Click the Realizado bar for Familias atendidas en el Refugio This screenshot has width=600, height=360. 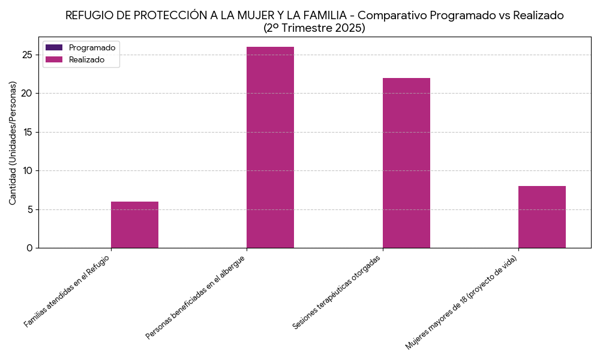coord(134,225)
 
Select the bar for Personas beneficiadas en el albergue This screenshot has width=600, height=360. coord(270,147)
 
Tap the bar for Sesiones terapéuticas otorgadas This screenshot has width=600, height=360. coord(406,163)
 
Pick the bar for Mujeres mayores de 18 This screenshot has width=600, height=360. coord(542,217)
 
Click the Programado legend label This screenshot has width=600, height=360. coord(92,47)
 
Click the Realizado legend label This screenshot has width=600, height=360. coord(86,59)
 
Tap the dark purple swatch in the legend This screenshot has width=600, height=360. coord(54,47)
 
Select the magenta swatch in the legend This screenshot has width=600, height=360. coord(54,59)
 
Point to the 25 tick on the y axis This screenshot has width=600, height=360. coord(28,55)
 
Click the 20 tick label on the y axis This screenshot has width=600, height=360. coord(28,94)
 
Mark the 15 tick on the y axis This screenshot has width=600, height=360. coord(28,132)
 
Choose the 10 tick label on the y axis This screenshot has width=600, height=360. coord(28,171)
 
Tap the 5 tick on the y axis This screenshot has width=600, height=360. coord(30,209)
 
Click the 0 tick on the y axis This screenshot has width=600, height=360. coord(30,248)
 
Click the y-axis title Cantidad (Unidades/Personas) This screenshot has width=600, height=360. coord(13,143)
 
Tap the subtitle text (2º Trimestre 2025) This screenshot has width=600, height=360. coord(314,28)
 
